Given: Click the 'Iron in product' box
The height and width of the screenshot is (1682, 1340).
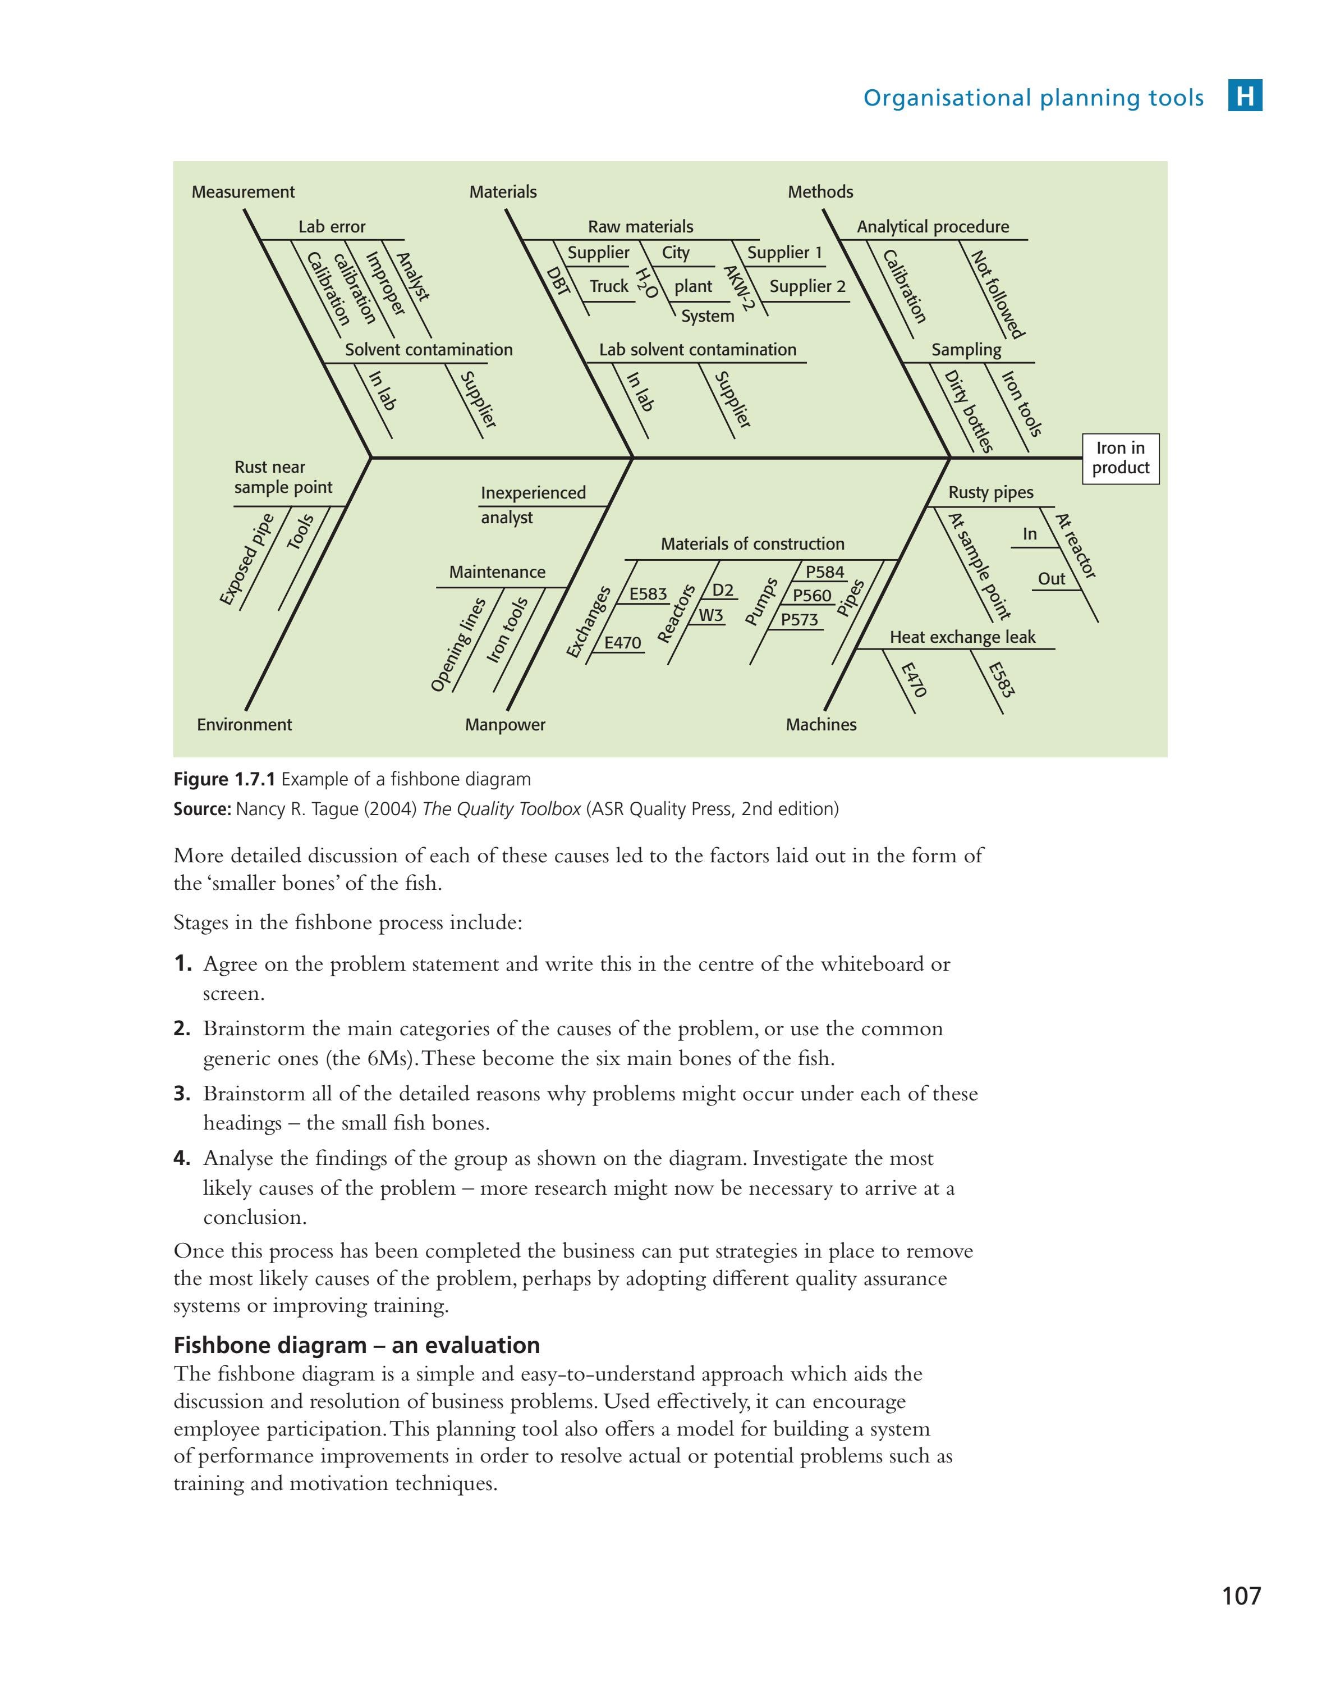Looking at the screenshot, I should [1119, 458].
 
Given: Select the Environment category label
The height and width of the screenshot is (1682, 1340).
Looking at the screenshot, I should [244, 725].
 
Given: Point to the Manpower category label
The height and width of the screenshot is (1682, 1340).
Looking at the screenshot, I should [504, 725].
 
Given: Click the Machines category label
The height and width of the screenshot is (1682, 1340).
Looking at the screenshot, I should [820, 725].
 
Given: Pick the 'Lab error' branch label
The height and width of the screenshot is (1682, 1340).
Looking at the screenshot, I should [332, 227].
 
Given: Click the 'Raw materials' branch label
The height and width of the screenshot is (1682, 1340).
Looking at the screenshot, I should [640, 227].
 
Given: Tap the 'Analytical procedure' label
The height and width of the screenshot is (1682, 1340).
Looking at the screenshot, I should [932, 227].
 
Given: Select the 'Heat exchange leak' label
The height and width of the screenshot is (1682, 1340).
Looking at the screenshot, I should [962, 637].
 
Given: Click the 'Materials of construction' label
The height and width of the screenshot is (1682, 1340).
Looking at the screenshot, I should [752, 544].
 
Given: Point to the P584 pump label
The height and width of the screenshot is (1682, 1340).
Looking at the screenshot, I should [824, 572].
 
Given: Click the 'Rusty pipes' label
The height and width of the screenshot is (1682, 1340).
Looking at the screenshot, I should [990, 492].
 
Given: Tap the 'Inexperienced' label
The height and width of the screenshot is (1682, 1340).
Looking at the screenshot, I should [533, 493].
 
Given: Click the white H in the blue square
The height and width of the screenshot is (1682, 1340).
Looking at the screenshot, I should [1245, 97].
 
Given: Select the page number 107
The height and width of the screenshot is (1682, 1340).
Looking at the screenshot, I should [1241, 1596].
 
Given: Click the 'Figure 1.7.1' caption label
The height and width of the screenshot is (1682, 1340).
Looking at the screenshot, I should [223, 779].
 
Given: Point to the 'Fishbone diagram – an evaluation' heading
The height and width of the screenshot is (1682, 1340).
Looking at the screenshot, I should [356, 1346].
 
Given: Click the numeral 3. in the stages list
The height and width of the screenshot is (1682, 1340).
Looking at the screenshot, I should [182, 1094].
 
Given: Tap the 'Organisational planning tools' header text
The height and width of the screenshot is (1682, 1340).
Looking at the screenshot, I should [1032, 98].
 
